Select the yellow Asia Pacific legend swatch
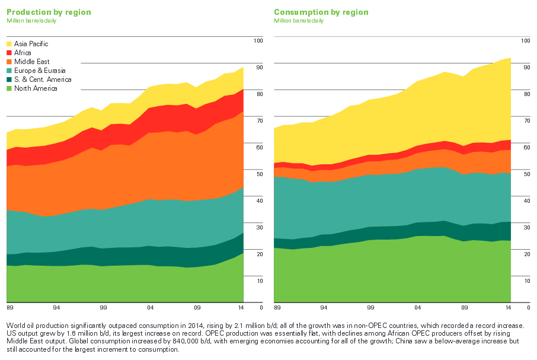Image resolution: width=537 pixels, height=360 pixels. [9, 44]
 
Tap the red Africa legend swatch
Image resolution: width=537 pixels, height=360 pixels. [9, 53]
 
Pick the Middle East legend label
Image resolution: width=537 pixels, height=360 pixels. [31, 62]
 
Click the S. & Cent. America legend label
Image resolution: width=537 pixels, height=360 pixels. [43, 79]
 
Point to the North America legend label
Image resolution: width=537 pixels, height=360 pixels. [36, 88]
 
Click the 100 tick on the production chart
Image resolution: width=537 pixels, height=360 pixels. [258, 40]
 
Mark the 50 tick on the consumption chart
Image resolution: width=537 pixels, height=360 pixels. [525, 174]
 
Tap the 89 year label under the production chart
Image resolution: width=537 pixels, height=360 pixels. [9, 308]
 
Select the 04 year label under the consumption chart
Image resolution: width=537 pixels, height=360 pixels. [418, 308]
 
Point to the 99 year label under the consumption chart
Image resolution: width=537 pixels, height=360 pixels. [371, 308]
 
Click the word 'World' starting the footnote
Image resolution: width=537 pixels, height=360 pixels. [15, 326]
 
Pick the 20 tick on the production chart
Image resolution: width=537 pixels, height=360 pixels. [259, 254]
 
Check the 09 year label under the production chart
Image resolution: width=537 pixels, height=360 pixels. [197, 308]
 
